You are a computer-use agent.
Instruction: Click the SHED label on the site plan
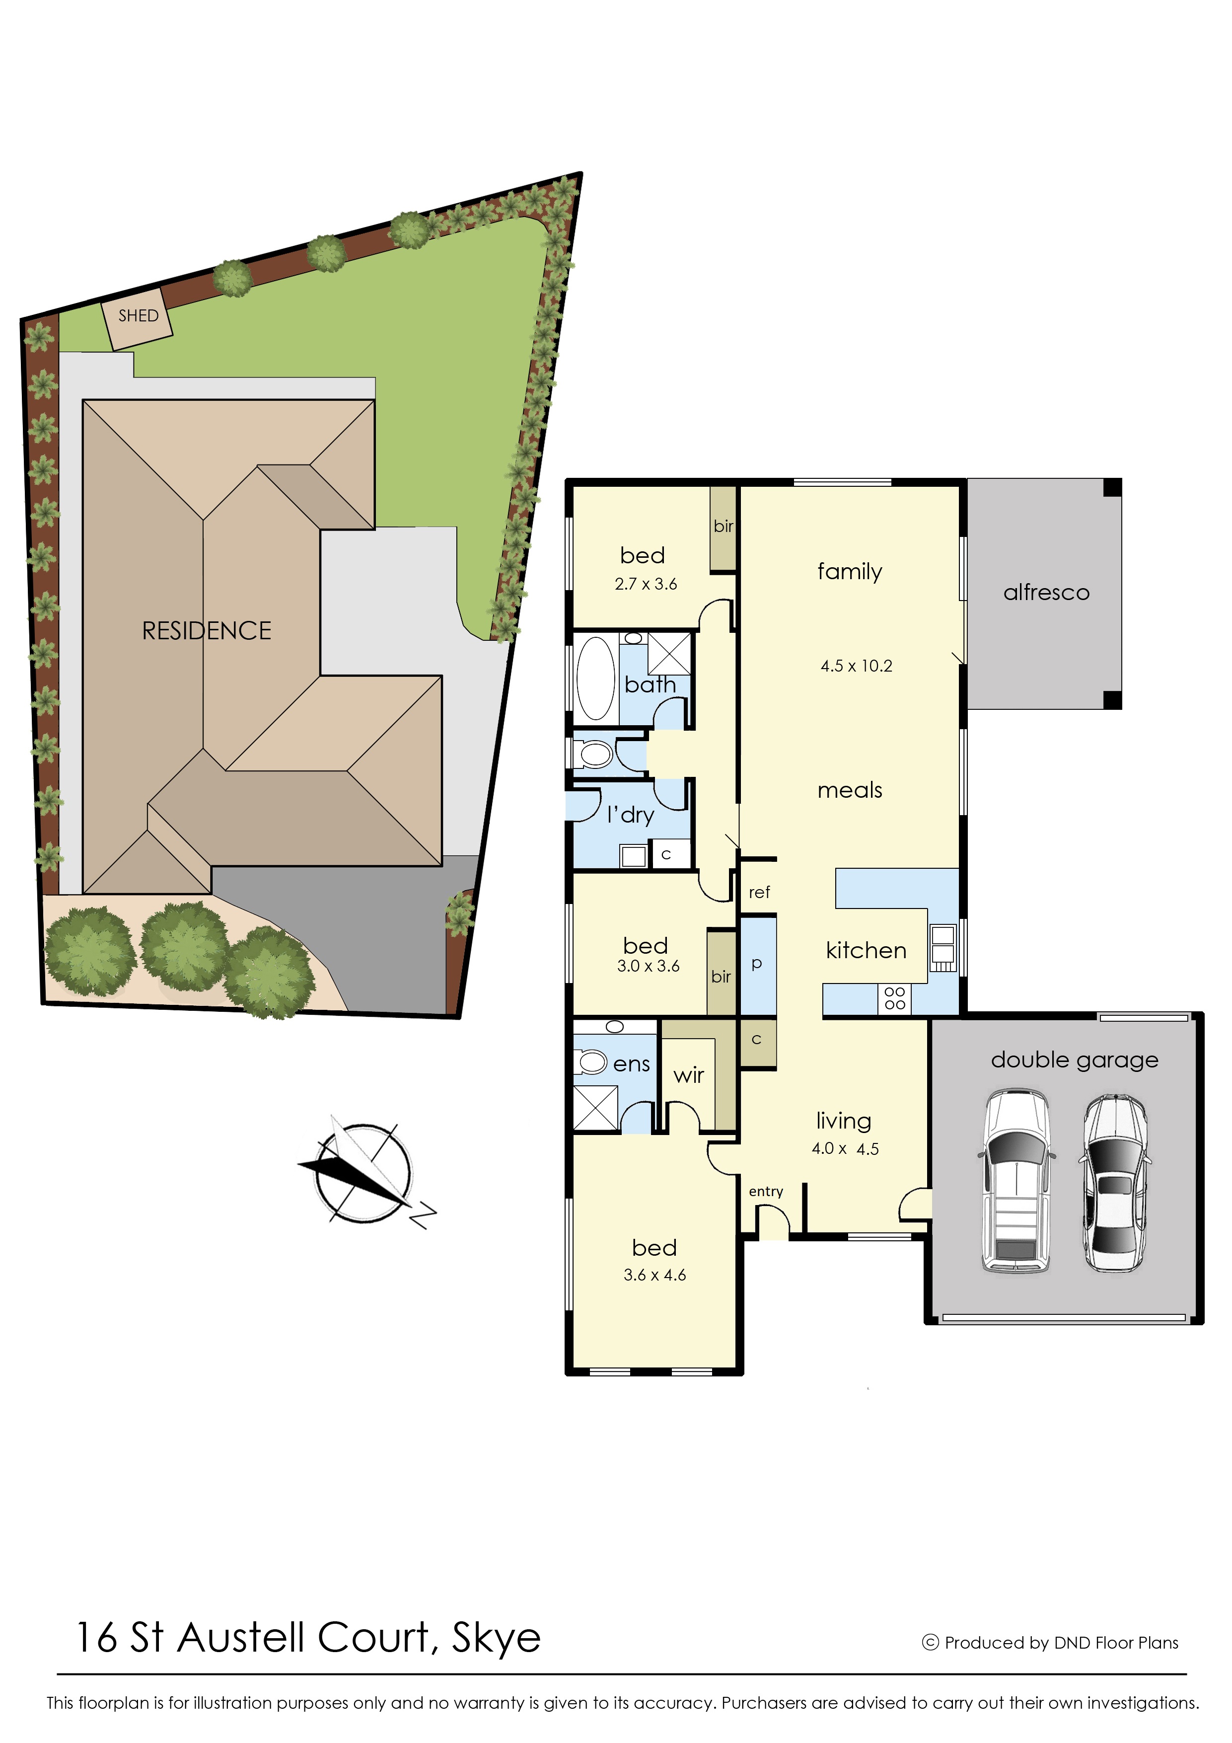[x=138, y=316]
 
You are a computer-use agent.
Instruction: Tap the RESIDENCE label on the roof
[x=207, y=631]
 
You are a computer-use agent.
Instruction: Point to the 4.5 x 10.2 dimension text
[x=856, y=666]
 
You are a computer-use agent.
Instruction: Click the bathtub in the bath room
[x=596, y=678]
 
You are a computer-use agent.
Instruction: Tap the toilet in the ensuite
[x=593, y=1062]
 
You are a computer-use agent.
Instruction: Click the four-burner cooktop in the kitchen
[x=895, y=998]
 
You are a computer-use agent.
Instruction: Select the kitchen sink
[x=943, y=948]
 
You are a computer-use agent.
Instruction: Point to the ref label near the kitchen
[x=759, y=893]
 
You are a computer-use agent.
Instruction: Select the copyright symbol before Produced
[x=930, y=1642]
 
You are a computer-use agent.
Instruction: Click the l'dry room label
[x=630, y=815]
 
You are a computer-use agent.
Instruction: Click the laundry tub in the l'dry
[x=633, y=855]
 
